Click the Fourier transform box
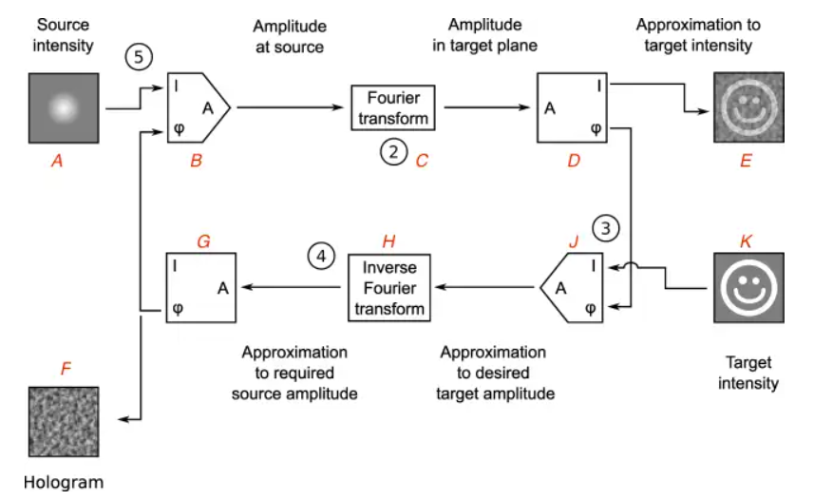pos(392,107)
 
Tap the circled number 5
pos(139,58)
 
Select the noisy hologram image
pos(63,421)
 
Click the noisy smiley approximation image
pos(748,107)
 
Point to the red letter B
pos(197,163)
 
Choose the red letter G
pos(203,241)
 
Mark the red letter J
pos(573,242)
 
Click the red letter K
pos(746,242)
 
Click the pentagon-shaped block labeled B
pos(198,107)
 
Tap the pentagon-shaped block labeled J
pos(574,285)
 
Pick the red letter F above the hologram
pos(66,369)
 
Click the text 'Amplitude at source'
pos(290,37)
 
